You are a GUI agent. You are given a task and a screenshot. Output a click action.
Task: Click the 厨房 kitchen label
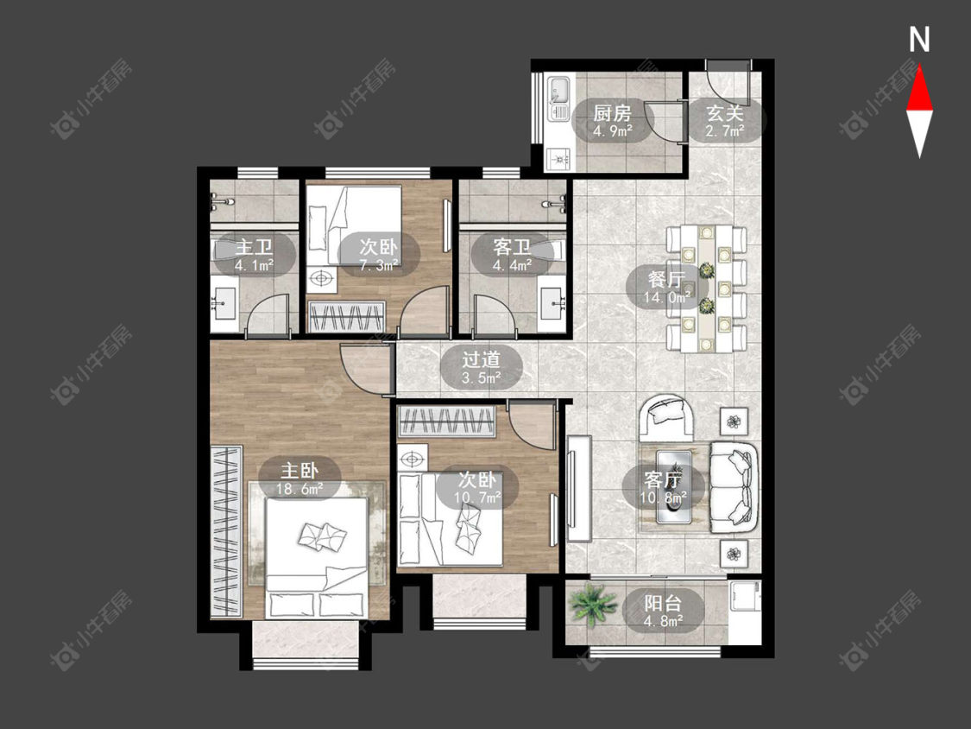612,113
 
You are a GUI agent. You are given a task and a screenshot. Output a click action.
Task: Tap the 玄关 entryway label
725,113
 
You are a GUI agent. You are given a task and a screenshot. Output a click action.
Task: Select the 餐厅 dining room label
666,280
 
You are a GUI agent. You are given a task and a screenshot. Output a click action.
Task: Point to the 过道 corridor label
481,359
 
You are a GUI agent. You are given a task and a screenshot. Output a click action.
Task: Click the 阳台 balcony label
663,603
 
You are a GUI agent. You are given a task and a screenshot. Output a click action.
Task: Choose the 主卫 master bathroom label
254,247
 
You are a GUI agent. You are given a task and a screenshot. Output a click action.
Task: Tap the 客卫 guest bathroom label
512,247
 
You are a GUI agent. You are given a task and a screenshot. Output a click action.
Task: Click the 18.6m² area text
299,489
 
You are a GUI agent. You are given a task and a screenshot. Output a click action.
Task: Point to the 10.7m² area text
477,498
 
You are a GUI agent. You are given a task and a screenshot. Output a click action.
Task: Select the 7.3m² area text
379,265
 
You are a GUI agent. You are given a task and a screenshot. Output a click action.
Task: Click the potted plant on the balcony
593,605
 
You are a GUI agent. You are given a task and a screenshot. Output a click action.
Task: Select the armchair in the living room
667,418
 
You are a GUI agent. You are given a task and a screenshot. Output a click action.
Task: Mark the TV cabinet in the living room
579,489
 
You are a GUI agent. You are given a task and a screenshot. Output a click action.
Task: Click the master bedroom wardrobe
225,530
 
